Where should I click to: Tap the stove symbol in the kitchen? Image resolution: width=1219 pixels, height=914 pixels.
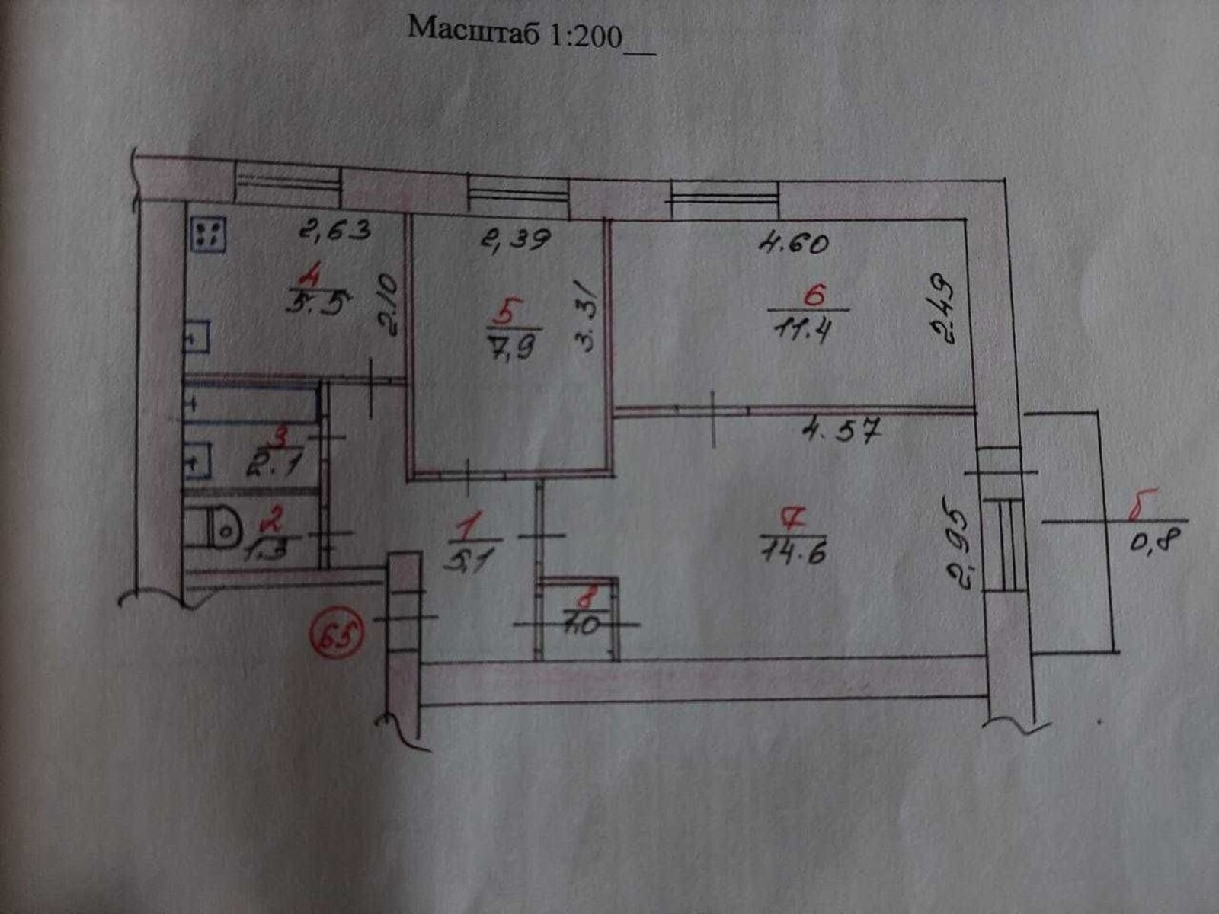[209, 234]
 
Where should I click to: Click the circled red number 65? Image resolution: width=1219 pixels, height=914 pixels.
[336, 631]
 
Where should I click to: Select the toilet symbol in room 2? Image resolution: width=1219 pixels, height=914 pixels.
[219, 528]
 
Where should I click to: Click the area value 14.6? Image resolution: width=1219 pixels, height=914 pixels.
[794, 550]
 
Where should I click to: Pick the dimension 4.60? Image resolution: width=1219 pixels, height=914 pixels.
[793, 244]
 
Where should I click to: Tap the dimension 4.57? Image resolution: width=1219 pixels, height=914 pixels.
[843, 433]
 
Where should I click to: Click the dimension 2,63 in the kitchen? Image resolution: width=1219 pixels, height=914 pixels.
[334, 228]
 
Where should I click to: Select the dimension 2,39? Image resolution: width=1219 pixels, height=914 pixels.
[515, 240]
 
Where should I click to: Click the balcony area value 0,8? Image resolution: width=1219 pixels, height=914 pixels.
[1155, 543]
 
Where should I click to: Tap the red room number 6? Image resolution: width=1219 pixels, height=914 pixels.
[814, 295]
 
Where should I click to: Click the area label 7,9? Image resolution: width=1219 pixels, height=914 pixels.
[511, 347]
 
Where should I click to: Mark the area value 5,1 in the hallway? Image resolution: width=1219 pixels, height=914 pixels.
[471, 562]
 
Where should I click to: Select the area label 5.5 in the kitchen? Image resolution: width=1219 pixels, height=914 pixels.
[317, 305]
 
